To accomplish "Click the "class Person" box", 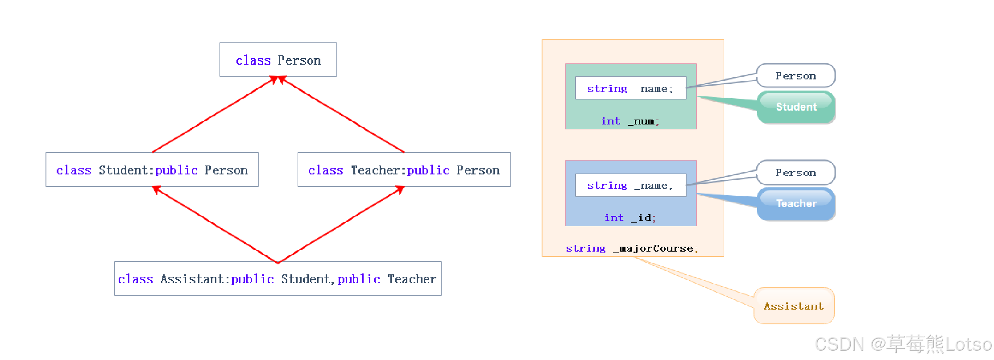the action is pyautogui.click(x=278, y=60).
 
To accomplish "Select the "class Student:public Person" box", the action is pyautogui.click(x=152, y=170).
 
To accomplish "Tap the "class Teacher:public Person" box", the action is pyautogui.click(x=404, y=170).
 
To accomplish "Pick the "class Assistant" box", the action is pyautogui.click(x=277, y=278).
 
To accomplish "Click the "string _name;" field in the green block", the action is pyautogui.click(x=630, y=88).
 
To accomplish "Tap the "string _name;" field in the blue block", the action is pyautogui.click(x=630, y=185).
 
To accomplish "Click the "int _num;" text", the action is pyautogui.click(x=630, y=121).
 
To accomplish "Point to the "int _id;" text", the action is pyautogui.click(x=630, y=218).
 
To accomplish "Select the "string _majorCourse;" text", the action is pyautogui.click(x=632, y=248).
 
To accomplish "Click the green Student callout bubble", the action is pyautogui.click(x=796, y=107).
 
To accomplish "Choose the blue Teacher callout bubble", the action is pyautogui.click(x=796, y=204).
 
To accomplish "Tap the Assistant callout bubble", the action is pyautogui.click(x=794, y=306).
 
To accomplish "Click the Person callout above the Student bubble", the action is pyautogui.click(x=795, y=75).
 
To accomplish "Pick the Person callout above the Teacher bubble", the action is pyautogui.click(x=795, y=172).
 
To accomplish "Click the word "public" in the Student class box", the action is pyautogui.click(x=176, y=170).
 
